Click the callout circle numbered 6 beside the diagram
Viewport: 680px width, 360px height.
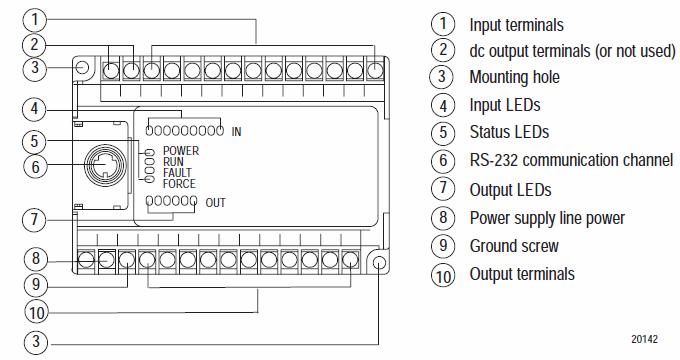[35, 167]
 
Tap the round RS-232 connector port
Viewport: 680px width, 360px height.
[105, 165]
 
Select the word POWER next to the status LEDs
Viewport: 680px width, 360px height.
[181, 151]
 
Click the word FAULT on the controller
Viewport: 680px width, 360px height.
[177, 173]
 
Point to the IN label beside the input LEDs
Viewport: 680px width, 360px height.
[236, 131]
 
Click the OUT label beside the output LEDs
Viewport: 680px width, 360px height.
[215, 203]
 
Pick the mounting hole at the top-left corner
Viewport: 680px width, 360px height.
[82, 67]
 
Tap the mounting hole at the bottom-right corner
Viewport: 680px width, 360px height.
[379, 263]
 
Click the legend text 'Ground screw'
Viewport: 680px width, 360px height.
[514, 246]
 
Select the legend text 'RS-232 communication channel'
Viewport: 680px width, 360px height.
[571, 160]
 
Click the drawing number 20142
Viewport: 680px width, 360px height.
[644, 339]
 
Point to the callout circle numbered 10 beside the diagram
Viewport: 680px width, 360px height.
[36, 312]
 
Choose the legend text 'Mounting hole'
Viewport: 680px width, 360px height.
[514, 77]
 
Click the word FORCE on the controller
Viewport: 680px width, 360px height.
[179, 183]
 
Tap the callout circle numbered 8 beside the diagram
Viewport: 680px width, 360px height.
[35, 259]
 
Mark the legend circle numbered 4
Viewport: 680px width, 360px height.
[443, 105]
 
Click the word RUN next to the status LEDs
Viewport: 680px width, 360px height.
[173, 162]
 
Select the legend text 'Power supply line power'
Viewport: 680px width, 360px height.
[547, 218]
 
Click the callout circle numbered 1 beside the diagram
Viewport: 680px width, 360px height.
[35, 20]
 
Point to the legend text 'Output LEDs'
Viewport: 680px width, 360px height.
[510, 190]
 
